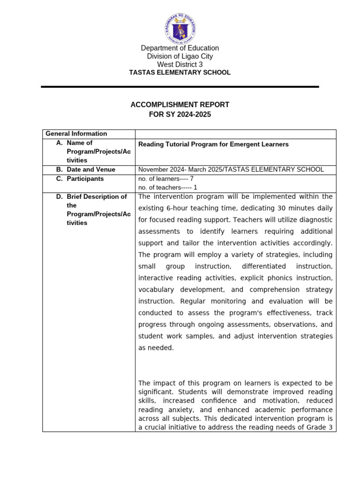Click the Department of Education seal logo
(x=180, y=28)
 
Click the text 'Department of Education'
(x=180, y=48)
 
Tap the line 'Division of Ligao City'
(x=180, y=56)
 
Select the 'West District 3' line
(x=180, y=64)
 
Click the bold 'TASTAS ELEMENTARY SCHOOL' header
(x=180, y=73)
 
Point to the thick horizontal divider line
(x=180, y=87)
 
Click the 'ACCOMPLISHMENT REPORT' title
(x=180, y=105)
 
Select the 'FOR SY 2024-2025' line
(x=180, y=114)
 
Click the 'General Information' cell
(x=76, y=134)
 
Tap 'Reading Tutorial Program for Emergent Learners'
(x=213, y=144)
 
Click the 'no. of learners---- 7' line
(x=166, y=179)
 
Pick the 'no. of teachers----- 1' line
(x=167, y=187)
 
